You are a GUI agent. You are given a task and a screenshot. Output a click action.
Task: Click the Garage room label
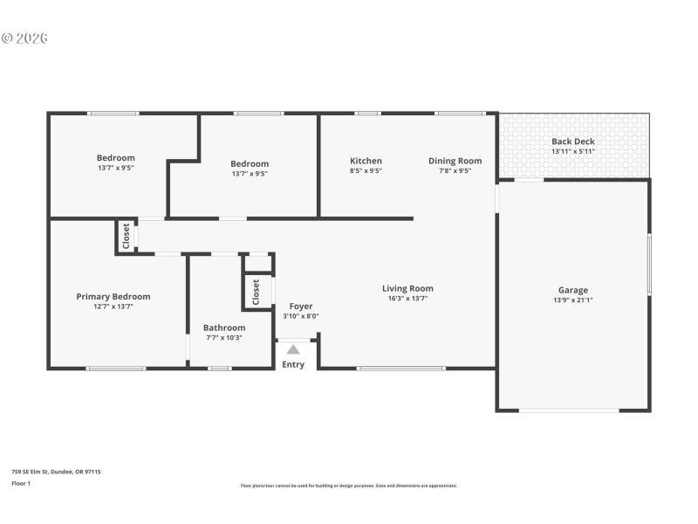[x=573, y=290]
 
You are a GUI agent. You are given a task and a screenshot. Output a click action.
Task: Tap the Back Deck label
[x=572, y=141]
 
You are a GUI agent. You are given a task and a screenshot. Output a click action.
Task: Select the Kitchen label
[x=366, y=161]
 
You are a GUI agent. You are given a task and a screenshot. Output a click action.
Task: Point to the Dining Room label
[x=455, y=161]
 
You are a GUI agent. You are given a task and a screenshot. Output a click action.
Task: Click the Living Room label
[x=407, y=288]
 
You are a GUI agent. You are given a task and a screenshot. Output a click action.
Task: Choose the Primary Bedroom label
[x=113, y=296]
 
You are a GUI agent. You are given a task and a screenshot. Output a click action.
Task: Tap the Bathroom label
[x=224, y=327]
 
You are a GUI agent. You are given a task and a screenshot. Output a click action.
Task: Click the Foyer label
[x=301, y=307]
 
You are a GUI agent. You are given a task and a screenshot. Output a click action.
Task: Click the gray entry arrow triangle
[x=293, y=349]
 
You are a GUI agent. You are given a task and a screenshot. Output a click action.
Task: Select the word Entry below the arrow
[x=293, y=364]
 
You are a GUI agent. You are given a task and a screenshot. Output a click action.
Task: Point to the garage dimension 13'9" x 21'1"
[x=573, y=300]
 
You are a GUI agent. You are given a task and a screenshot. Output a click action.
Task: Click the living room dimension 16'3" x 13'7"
[x=407, y=299]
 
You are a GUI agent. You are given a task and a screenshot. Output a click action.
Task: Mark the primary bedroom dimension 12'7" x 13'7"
[x=113, y=307]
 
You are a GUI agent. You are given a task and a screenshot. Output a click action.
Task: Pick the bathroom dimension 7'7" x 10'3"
[x=224, y=338]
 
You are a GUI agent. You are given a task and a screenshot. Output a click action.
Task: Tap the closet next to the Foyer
[x=256, y=292]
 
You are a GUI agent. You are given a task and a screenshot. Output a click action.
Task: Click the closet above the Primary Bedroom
[x=127, y=236]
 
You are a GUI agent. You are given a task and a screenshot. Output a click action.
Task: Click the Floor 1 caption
[x=21, y=483]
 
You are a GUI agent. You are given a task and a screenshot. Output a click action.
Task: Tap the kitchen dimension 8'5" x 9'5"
[x=366, y=171]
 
